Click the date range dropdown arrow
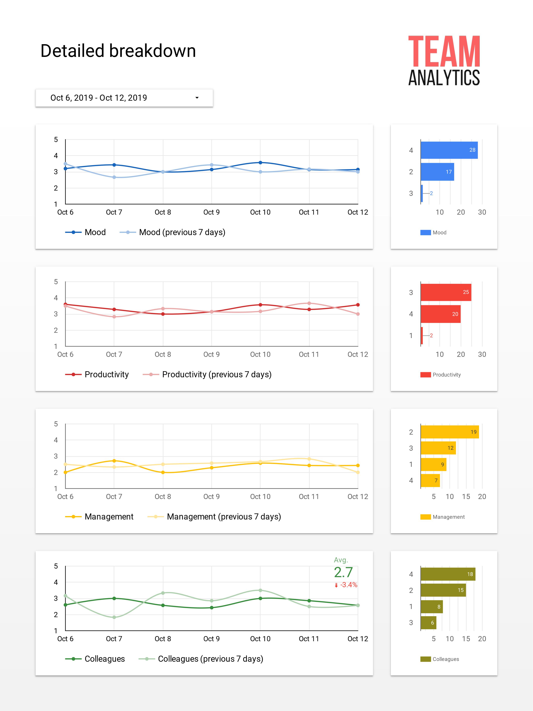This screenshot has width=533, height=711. click(197, 98)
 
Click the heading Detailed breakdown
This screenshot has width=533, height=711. click(118, 51)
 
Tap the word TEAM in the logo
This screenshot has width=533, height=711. click(444, 51)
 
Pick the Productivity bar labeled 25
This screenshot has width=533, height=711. click(446, 292)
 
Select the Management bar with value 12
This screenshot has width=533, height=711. click(438, 448)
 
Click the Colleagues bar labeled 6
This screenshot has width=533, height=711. click(428, 623)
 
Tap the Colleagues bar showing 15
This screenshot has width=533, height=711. click(443, 590)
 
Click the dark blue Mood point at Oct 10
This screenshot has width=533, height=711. click(260, 163)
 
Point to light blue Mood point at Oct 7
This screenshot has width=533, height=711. click(114, 177)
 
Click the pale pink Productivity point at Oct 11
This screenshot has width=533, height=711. click(309, 303)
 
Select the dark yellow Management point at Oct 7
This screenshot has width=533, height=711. click(114, 461)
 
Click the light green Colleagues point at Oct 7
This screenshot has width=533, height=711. click(114, 617)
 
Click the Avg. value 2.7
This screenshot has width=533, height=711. click(343, 572)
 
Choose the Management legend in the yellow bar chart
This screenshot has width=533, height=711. click(448, 517)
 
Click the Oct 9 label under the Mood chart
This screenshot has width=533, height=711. click(211, 212)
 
